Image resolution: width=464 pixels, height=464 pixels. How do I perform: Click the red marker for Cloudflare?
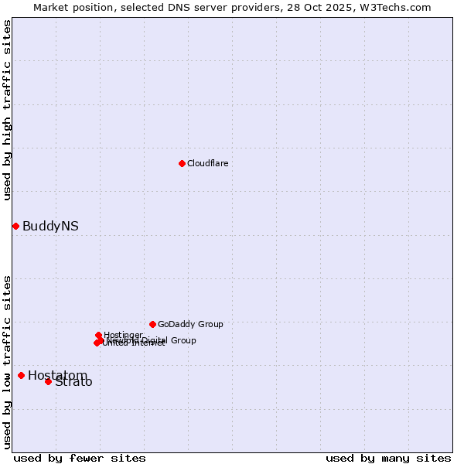[x=182, y=163]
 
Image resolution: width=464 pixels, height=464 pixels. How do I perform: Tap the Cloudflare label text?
[x=207, y=163]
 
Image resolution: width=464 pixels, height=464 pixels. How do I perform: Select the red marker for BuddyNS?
[x=15, y=226]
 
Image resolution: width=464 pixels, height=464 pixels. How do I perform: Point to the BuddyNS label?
[x=50, y=227]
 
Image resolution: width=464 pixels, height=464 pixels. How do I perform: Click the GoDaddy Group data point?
[x=152, y=324]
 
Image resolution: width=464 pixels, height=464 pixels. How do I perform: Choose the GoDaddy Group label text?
[x=190, y=324]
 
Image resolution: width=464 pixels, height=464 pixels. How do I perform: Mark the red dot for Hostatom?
[x=21, y=375]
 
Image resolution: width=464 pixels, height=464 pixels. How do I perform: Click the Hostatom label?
[x=56, y=375]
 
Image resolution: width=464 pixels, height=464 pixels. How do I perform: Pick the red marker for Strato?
[x=48, y=381]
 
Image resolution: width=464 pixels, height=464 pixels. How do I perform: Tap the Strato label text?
[x=74, y=382]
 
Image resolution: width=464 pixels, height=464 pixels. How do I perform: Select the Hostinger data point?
[x=98, y=335]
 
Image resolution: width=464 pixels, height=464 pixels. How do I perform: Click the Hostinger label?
[x=124, y=335]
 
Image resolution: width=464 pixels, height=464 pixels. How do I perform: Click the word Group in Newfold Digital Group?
[x=183, y=340]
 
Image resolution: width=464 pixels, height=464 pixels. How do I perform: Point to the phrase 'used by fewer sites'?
[x=80, y=458]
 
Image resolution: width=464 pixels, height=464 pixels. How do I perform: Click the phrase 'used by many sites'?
[x=388, y=458]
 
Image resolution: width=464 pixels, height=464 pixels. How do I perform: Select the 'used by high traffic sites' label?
[x=7, y=110]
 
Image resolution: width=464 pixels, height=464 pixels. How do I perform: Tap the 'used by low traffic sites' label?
[x=7, y=361]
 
